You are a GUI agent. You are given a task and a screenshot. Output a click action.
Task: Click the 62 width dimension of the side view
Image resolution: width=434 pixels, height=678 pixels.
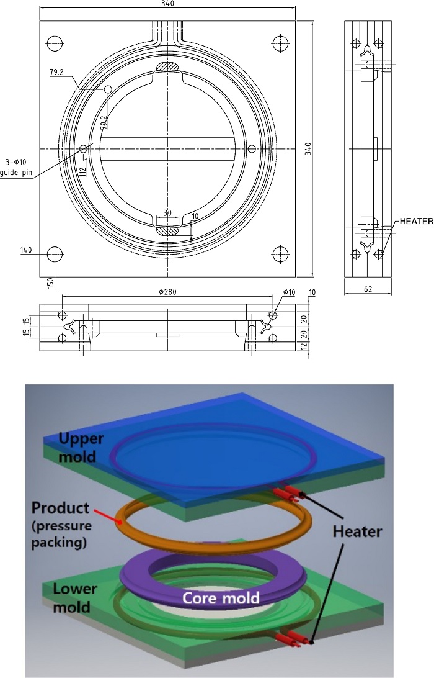coord(368,289)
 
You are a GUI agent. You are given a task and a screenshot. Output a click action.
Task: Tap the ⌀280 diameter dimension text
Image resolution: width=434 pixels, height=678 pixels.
coord(167,292)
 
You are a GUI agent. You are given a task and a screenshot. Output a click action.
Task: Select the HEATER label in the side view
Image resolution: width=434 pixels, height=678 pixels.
coord(416,221)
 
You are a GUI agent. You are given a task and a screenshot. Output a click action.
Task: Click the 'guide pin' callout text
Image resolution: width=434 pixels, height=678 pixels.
coord(16,173)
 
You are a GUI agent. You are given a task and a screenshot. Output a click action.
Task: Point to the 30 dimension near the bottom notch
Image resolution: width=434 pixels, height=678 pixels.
coord(167,213)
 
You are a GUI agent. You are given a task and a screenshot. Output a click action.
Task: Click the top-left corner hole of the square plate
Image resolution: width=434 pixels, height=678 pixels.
coord(55,43)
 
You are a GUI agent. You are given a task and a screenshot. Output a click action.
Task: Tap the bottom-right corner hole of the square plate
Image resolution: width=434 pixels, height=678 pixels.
coord(280,254)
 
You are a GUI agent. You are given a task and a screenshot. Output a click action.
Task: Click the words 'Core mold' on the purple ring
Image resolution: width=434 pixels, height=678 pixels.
coord(221,598)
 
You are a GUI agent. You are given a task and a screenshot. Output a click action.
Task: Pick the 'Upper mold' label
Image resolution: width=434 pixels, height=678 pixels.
coord(81,447)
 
